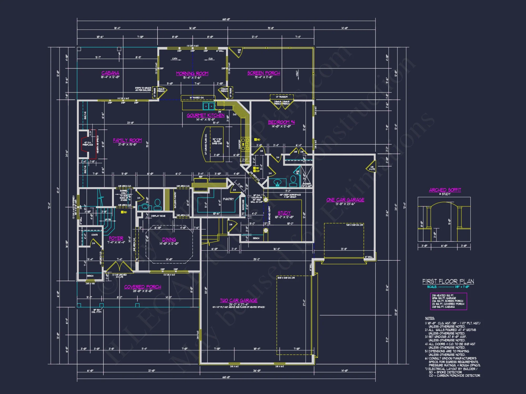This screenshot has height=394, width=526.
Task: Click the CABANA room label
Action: tap(110, 73)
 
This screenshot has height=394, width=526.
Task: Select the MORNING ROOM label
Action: tap(192, 74)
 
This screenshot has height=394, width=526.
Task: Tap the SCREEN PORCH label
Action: tap(264, 73)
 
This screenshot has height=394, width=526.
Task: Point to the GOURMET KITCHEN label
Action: tap(205, 115)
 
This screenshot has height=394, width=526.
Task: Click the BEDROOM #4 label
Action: tap(281, 122)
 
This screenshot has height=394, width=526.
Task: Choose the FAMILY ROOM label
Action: tap(127, 140)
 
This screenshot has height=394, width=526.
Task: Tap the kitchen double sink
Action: tap(209, 106)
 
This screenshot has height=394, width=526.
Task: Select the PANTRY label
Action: tap(228, 199)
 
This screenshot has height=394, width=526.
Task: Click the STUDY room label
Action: tap(284, 213)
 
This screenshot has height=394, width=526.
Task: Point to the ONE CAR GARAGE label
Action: tap(345, 200)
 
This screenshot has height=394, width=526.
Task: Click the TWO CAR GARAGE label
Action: tap(239, 300)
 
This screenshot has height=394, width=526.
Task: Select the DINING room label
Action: tap(169, 239)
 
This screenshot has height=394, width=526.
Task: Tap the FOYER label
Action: tap(116, 238)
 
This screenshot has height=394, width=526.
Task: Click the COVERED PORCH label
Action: tap(143, 287)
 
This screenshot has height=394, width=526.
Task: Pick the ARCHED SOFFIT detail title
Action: tap(445, 190)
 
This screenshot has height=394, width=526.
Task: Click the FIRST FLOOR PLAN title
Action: tap(448, 281)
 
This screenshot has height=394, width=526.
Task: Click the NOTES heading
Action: tap(430, 318)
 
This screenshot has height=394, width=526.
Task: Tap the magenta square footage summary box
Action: tap(448, 301)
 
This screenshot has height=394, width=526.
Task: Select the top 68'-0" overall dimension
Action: tap(226, 19)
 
